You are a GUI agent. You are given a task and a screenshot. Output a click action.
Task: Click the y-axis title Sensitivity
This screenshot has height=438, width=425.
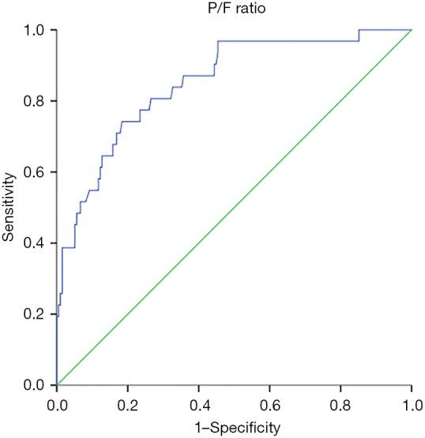[10, 208]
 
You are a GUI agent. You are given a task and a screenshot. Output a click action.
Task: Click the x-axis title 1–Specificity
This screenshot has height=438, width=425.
[234, 428]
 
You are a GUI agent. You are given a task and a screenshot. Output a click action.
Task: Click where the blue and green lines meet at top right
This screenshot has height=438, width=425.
[412, 30]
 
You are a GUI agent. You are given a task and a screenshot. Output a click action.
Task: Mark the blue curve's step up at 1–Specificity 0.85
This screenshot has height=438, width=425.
[359, 36]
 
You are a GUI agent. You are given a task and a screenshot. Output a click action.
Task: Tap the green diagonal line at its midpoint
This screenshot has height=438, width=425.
[235, 207]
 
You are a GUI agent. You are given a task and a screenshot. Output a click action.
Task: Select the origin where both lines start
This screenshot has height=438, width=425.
[57, 385]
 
